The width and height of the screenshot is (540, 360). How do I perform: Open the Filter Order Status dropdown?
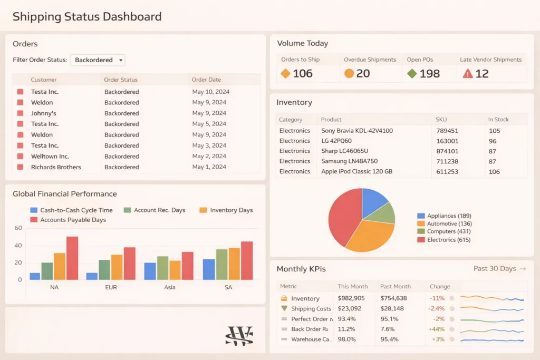coord(98,60)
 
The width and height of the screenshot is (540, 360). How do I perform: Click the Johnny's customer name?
coord(43,113)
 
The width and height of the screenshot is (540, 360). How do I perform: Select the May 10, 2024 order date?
coord(210,92)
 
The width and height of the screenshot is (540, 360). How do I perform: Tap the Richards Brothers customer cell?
coord(56,167)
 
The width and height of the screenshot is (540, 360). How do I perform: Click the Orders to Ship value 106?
coord(302,74)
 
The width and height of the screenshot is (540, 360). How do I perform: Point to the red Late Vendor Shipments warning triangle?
coord(467,74)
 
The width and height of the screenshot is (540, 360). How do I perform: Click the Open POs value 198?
coord(429,74)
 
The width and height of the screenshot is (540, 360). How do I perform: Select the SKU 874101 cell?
coord(447,151)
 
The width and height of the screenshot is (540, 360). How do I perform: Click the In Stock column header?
coord(498,120)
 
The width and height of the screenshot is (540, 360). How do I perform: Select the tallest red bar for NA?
coord(72,258)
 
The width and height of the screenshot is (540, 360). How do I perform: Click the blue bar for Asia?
coord(150,271)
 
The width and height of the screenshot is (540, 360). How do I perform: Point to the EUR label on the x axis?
coord(111,287)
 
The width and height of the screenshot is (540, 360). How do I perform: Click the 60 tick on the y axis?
coord(18,228)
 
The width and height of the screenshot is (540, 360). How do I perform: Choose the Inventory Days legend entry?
coord(231,210)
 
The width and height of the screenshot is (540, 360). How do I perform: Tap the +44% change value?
coord(437,329)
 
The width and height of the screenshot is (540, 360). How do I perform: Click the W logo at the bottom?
coord(239,336)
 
